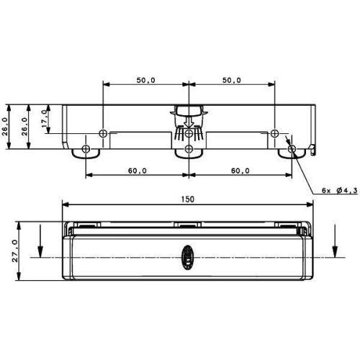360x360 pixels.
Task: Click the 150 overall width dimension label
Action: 189,199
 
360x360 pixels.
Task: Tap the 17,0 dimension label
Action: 45,117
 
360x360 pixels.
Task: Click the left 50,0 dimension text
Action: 145,80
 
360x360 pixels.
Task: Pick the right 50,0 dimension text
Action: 231,80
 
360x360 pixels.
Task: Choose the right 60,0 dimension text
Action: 240,171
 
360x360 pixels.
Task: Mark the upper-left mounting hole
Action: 103,133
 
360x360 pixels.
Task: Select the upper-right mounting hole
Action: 274,133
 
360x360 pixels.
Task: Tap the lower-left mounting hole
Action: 86,149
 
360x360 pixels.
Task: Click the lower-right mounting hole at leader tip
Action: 292,149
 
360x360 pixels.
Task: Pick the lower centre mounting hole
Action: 189,149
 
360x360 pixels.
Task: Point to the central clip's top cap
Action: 189,110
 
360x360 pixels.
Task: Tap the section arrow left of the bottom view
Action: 41,241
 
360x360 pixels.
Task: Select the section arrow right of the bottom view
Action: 335,241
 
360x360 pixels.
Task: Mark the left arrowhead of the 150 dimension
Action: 67,204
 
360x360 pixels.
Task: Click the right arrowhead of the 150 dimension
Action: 310,204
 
